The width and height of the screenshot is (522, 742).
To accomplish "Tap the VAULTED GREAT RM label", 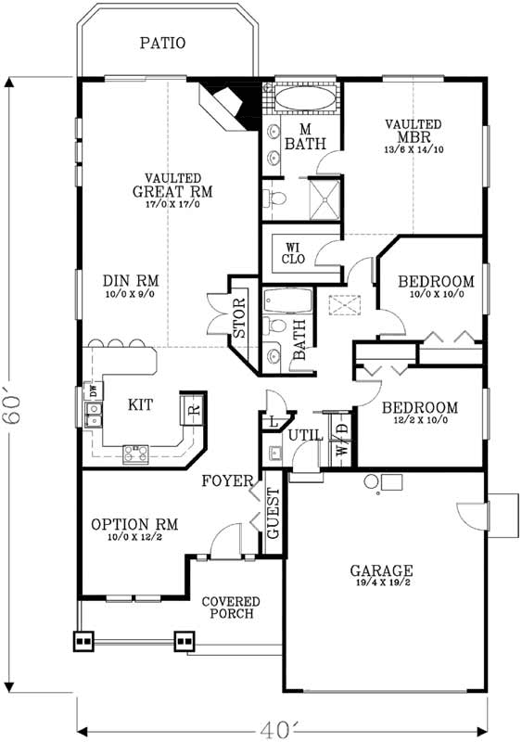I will [x=179, y=185].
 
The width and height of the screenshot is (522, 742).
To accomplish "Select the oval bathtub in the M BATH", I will [x=303, y=101].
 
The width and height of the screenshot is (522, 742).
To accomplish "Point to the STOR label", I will [x=239, y=317].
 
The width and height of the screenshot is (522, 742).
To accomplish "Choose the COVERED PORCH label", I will [x=231, y=608].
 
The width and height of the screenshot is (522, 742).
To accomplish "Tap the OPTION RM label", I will [x=134, y=524].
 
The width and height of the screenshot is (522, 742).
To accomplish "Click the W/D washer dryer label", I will [x=340, y=438].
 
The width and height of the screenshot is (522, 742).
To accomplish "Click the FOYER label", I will [x=229, y=480].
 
